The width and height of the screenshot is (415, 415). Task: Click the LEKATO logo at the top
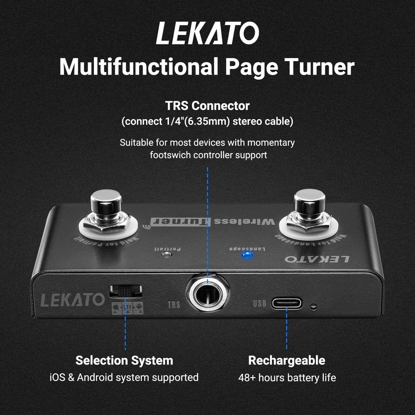tap(207, 34)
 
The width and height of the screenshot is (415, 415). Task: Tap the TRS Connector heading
tap(207, 106)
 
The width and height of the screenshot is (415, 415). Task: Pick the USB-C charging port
tap(287, 303)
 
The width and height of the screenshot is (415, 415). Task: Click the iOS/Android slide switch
tap(125, 291)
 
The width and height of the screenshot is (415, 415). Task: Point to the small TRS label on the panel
tap(174, 305)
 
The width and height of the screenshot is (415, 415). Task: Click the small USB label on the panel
tap(259, 303)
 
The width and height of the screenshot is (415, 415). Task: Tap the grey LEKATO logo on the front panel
tap(72, 300)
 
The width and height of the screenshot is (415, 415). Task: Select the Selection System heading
tap(124, 360)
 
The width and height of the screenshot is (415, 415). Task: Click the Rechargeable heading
tap(286, 360)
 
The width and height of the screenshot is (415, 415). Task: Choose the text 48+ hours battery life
tap(287, 378)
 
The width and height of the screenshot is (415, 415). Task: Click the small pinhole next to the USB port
tap(314, 307)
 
